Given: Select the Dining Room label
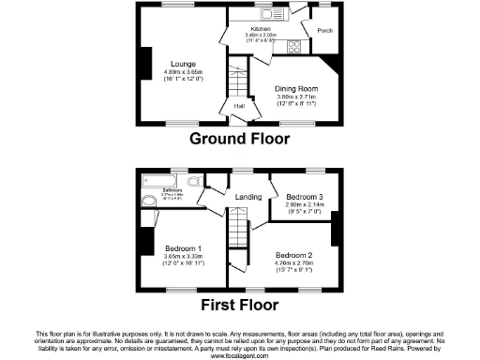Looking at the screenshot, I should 292,90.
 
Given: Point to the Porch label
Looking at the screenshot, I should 324,29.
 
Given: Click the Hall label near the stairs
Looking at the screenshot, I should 213,106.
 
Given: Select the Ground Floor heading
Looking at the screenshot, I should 239,139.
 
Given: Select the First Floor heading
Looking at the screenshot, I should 239,305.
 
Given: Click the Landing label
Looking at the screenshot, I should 248,197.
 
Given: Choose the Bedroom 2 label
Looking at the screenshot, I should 293,254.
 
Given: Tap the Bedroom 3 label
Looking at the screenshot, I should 301,197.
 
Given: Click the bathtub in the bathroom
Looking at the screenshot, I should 161,181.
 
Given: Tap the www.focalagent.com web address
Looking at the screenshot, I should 239,356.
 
